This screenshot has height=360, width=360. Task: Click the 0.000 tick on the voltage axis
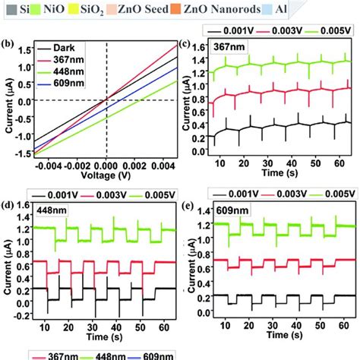(105, 163)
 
